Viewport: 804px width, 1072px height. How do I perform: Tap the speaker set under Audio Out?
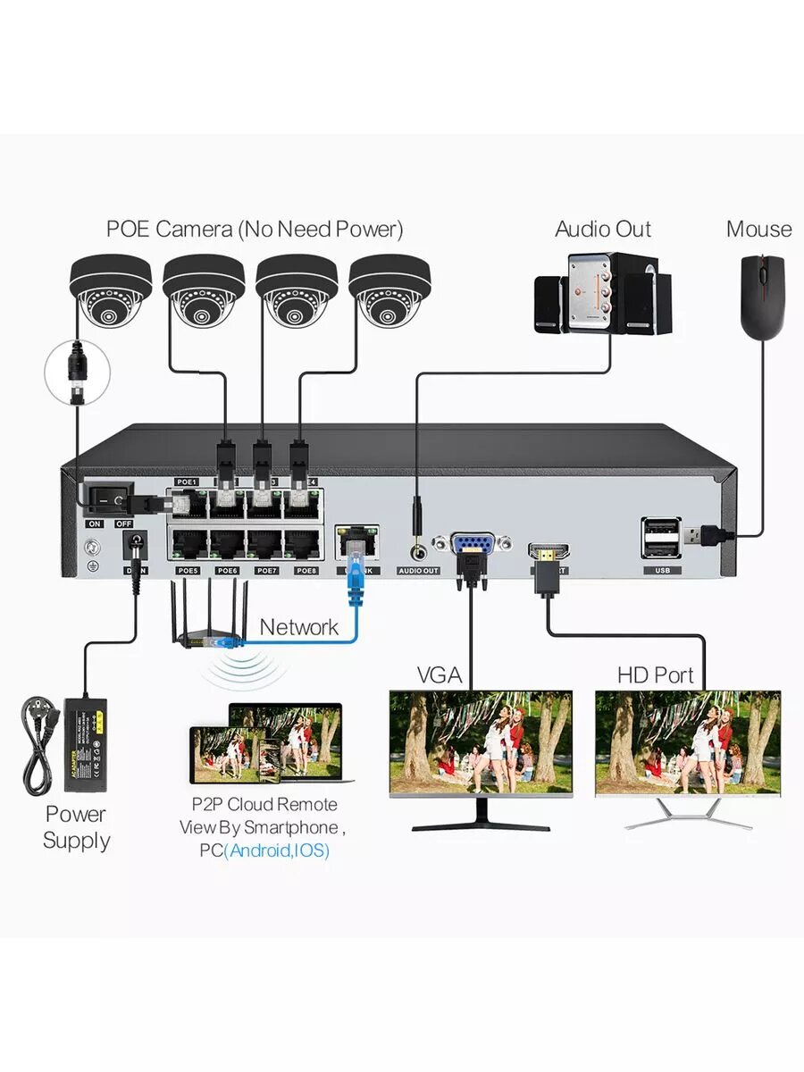(603, 294)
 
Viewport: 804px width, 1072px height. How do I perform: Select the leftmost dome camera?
(110, 290)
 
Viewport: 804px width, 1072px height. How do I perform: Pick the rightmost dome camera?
(390, 290)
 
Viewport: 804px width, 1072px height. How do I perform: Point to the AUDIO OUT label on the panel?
(418, 570)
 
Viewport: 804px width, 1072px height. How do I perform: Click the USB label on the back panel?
(662, 570)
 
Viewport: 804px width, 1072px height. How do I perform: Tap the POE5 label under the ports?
(188, 570)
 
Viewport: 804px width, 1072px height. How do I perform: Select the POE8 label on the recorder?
(306, 570)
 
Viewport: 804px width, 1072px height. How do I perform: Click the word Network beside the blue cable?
(299, 627)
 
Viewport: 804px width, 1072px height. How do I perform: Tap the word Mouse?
(758, 229)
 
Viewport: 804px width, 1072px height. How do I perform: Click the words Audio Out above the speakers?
(603, 229)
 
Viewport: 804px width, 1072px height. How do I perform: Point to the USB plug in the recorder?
(706, 536)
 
